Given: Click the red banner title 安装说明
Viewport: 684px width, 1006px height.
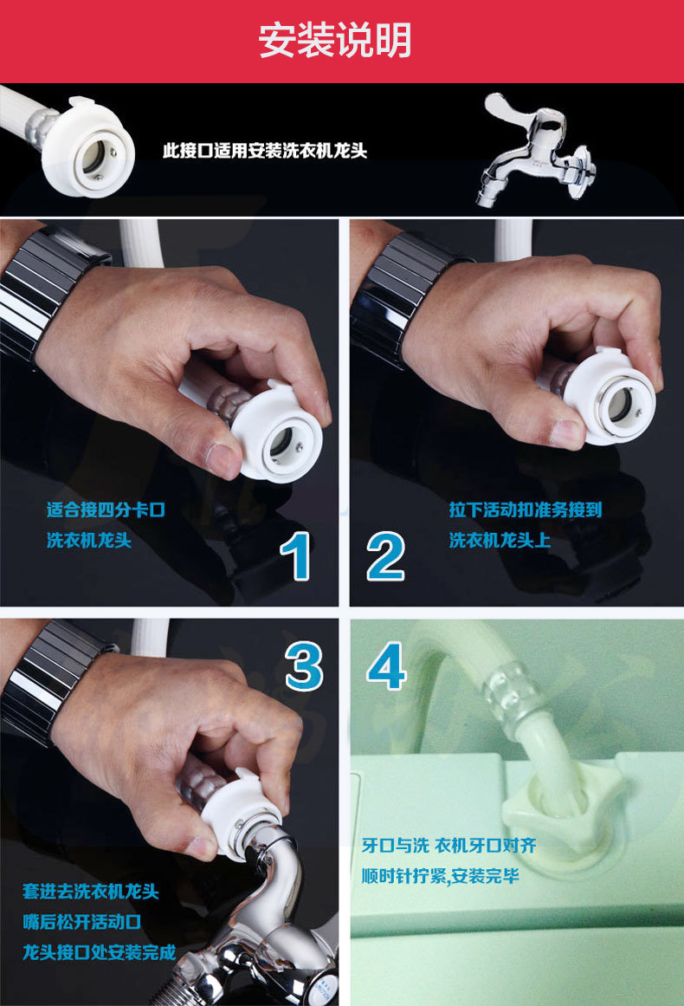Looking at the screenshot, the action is pyautogui.click(x=334, y=41).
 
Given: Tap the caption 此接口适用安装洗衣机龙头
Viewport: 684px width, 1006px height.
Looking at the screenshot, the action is pyautogui.click(x=264, y=151).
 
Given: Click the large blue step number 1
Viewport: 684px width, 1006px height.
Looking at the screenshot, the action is pyautogui.click(x=296, y=556).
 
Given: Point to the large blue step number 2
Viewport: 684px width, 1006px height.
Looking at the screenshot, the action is pyautogui.click(x=386, y=556).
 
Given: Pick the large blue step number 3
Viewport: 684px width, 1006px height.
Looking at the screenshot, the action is pyautogui.click(x=304, y=667).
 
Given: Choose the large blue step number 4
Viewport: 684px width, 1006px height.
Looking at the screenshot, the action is pyautogui.click(x=386, y=667).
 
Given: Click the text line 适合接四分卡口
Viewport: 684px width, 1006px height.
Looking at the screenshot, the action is pyautogui.click(x=106, y=510).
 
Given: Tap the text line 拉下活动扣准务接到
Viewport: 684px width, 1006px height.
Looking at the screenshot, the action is pyautogui.click(x=526, y=510).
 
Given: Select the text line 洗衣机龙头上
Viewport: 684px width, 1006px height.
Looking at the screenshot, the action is pyautogui.click(x=500, y=540).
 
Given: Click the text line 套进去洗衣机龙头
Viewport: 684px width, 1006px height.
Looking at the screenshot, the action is pyautogui.click(x=90, y=891).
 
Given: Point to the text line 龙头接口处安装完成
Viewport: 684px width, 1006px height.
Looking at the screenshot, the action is pyautogui.click(x=100, y=952).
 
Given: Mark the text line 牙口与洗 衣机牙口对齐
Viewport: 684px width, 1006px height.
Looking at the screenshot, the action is pyautogui.click(x=448, y=846).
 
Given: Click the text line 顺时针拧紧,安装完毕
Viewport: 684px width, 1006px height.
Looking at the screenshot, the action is pyautogui.click(x=441, y=876).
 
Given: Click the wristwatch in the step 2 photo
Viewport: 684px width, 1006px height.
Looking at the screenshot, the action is pyautogui.click(x=401, y=296).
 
